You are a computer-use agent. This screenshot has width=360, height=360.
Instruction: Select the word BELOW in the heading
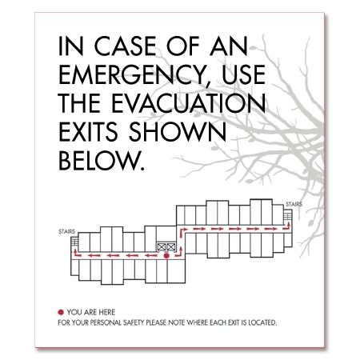click(103, 162)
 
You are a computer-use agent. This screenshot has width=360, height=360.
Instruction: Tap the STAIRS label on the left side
click(67, 231)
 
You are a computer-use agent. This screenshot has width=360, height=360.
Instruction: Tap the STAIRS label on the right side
click(293, 204)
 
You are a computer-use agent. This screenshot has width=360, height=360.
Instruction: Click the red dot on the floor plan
click(166, 257)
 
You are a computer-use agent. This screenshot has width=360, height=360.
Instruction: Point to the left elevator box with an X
click(162, 247)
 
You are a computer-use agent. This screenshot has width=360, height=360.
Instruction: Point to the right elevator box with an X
click(171, 247)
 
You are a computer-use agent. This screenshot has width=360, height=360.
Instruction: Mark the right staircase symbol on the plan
click(292, 217)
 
